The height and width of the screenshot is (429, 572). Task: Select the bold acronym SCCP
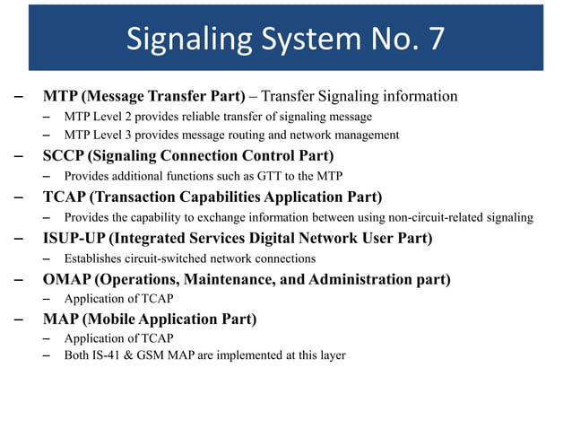(x=65, y=155)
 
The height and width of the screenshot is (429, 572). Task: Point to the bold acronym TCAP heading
(x=65, y=197)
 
